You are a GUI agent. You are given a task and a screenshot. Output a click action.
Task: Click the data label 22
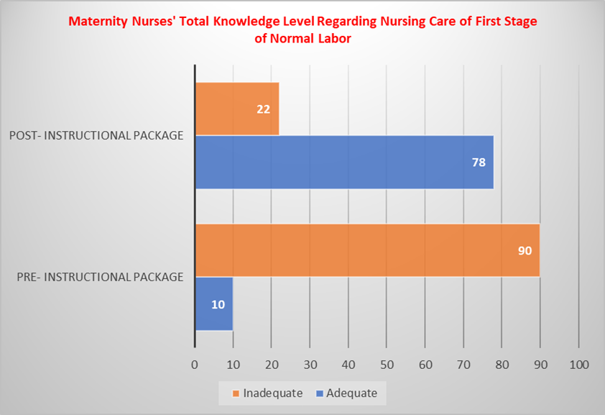263,109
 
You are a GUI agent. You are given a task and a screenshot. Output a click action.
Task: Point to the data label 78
478,163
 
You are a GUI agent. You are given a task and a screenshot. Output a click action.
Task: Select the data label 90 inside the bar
524,251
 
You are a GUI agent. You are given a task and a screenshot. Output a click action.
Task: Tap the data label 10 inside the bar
218,304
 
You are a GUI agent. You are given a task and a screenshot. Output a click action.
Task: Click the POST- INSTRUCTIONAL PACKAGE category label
96,135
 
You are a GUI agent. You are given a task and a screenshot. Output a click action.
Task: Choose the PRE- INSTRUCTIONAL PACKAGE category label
99,276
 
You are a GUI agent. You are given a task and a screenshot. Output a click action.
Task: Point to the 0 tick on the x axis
195,365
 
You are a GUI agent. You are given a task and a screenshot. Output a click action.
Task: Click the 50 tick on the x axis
387,365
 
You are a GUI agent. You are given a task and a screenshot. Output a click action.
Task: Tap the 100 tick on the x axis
578,365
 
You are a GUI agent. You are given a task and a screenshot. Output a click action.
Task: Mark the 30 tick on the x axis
310,365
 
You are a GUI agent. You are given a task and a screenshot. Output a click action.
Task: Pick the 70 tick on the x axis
463,365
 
